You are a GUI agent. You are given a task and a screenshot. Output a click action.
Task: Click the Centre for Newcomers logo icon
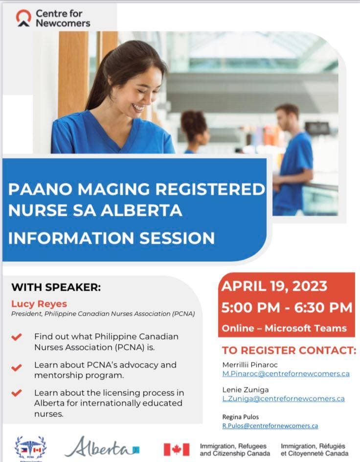point(23,18)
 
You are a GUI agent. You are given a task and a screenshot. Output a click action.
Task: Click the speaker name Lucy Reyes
point(39,303)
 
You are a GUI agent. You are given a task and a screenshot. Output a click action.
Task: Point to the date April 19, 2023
point(274,286)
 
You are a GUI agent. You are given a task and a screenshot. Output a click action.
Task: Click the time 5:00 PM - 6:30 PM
point(287,308)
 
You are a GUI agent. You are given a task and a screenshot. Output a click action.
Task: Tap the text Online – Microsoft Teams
point(284,328)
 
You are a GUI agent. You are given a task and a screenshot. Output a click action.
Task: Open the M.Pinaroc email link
point(286,373)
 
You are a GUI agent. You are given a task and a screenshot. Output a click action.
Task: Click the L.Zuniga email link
point(284,399)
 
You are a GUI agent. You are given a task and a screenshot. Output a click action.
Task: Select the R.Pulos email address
point(270,426)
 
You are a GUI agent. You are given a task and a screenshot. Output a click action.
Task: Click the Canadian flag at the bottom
point(177,450)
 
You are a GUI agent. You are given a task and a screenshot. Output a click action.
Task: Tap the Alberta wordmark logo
point(102,447)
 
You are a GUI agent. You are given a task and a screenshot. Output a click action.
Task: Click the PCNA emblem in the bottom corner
point(31,448)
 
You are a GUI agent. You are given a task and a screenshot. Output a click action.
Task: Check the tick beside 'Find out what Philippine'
point(17,337)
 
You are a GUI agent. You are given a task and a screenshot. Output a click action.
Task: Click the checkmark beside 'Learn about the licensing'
point(17,393)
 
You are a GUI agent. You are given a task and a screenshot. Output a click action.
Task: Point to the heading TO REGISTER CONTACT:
point(289,350)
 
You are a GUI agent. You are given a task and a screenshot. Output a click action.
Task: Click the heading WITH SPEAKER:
point(56,287)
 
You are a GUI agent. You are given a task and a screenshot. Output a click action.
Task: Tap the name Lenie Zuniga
point(246,390)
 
